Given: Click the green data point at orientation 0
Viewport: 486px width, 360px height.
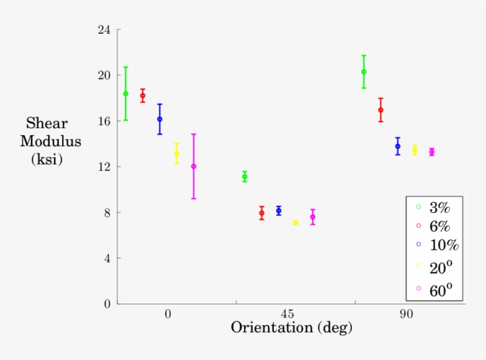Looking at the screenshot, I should (x=126, y=94).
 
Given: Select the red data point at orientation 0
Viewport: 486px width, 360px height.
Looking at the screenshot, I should (x=143, y=95).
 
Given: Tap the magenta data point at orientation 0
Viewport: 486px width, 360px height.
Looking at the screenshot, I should (x=194, y=167).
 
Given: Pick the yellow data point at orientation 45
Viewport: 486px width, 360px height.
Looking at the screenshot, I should (x=296, y=222).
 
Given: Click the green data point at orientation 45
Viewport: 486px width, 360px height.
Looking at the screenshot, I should (x=245, y=177).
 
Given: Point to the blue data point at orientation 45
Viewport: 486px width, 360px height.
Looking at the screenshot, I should (x=279, y=211).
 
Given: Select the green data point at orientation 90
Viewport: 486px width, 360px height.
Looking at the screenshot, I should (x=364, y=72).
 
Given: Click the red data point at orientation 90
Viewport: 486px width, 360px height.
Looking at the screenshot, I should (x=381, y=110).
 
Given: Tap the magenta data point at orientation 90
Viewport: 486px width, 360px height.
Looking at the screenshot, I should (x=431, y=152).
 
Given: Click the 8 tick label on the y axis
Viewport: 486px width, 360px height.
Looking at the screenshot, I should (x=108, y=212).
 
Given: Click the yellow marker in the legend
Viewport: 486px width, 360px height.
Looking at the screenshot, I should (x=418, y=265).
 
